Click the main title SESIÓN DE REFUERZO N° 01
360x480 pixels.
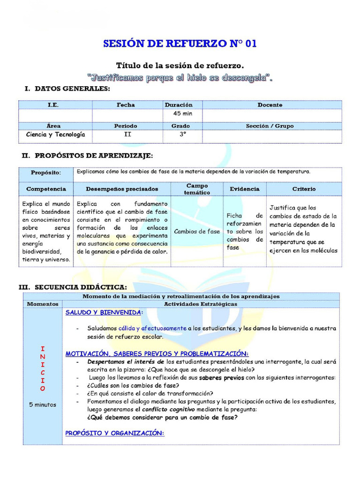click(180, 44)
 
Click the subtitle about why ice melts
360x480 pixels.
click(180, 77)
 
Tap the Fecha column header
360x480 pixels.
click(126, 105)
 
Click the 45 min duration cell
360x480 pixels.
click(182, 113)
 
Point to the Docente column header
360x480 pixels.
click(270, 105)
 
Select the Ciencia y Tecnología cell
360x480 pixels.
click(56, 135)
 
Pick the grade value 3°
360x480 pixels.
click(182, 135)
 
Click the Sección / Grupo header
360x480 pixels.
click(270, 126)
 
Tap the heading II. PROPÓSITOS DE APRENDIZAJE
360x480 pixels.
click(87, 155)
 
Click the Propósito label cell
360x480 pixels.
click(46, 173)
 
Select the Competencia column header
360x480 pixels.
click(46, 189)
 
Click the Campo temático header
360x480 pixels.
click(197, 189)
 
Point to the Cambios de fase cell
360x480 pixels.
click(197, 232)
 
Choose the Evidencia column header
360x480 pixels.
click(245, 189)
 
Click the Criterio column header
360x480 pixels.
click(304, 189)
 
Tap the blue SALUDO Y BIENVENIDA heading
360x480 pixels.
click(104, 312)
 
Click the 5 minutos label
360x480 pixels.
click(42, 405)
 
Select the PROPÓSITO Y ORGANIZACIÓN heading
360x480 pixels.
click(115, 433)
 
